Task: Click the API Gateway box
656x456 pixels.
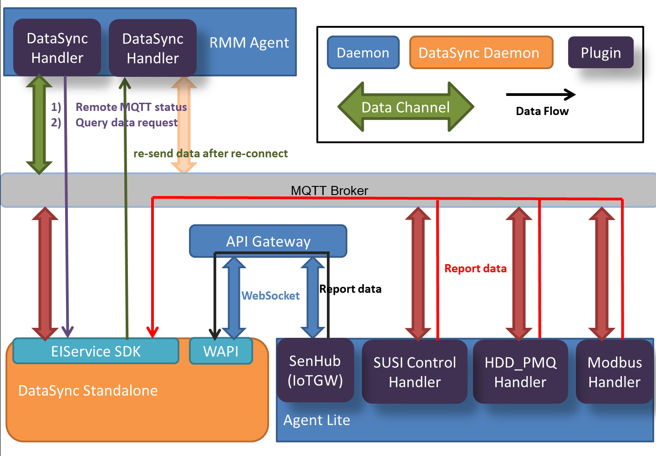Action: click(x=268, y=241)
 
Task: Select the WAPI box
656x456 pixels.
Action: click(x=221, y=351)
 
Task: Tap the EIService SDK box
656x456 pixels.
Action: click(x=96, y=351)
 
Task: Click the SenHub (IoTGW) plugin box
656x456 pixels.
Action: click(x=315, y=371)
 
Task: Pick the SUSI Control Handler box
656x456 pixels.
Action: click(x=415, y=372)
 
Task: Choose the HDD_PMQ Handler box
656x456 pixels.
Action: click(x=520, y=372)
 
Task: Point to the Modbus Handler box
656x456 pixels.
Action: click(x=615, y=372)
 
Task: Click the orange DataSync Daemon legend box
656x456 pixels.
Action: click(x=481, y=53)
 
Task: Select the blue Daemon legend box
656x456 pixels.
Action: click(x=363, y=53)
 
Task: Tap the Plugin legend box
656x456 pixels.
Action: click(x=600, y=53)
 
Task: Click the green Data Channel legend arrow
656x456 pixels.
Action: click(x=405, y=107)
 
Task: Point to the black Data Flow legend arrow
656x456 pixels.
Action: click(x=541, y=95)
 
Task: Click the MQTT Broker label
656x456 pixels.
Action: click(x=329, y=190)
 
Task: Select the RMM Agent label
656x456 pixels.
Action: click(x=249, y=43)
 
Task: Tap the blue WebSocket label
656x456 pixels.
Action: click(x=270, y=296)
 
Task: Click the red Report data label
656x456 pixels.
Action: click(x=475, y=269)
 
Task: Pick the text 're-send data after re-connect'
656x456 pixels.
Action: click(x=210, y=154)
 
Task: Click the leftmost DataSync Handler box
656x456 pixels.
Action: click(x=57, y=48)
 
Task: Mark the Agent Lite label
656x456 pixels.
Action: click(x=317, y=420)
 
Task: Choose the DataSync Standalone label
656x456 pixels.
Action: click(x=88, y=391)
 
